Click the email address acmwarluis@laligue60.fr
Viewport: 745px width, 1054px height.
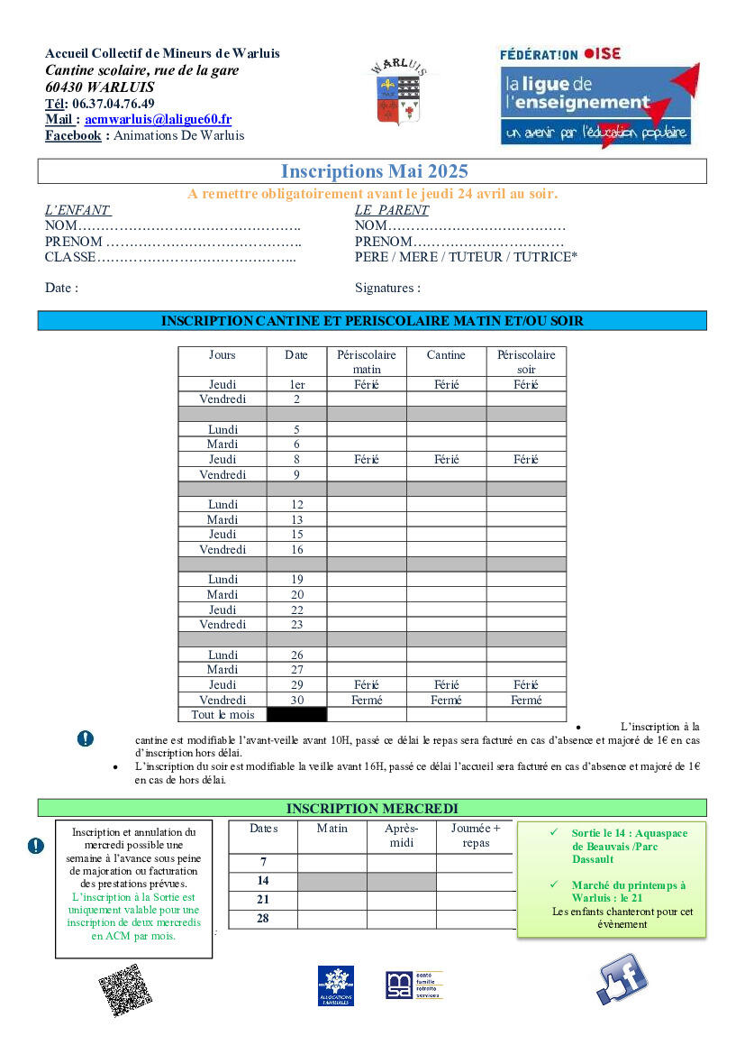(158, 119)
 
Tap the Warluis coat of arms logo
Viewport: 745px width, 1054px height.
(397, 93)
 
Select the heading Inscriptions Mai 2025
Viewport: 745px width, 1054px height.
(374, 171)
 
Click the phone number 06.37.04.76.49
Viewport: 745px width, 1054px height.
(113, 103)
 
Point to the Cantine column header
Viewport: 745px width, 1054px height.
(446, 355)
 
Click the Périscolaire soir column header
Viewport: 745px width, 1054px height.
(526, 362)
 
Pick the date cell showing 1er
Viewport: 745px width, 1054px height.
(296, 385)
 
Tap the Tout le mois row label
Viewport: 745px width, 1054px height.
(223, 715)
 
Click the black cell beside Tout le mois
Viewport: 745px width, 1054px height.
(296, 715)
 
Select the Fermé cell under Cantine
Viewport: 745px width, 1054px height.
(446, 701)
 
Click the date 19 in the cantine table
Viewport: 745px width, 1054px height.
(296, 580)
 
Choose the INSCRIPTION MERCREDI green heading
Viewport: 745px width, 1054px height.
(372, 809)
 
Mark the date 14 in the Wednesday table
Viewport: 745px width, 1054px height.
(263, 881)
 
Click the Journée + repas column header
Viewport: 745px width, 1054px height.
(476, 836)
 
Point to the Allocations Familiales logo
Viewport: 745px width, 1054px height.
(335, 985)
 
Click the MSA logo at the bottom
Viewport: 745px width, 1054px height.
(413, 985)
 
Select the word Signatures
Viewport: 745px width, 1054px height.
(387, 289)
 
